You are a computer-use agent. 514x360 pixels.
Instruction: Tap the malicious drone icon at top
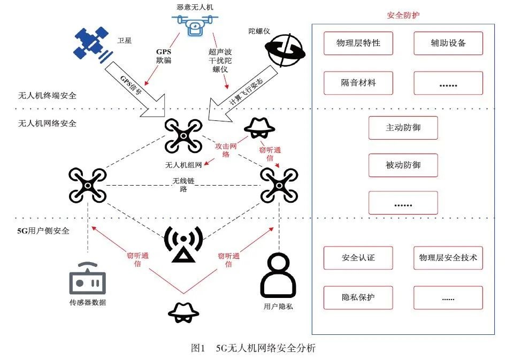(195, 25)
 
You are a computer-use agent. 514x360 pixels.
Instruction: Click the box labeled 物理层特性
(358, 43)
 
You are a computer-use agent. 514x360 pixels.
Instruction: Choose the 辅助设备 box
(448, 43)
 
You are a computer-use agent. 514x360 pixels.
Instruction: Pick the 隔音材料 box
(358, 83)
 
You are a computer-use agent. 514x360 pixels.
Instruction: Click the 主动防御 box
(403, 128)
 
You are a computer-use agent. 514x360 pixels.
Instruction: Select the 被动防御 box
(403, 165)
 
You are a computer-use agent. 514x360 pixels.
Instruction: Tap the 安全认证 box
(358, 258)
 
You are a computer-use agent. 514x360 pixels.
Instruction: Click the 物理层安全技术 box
(448, 258)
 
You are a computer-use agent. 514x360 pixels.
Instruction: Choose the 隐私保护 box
(358, 298)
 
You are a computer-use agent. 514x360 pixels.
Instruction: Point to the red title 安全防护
(403, 15)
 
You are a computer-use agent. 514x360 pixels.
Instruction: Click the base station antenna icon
(183, 244)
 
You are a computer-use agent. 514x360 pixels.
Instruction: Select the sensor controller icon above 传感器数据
(88, 278)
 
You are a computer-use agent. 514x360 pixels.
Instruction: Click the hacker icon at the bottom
(183, 313)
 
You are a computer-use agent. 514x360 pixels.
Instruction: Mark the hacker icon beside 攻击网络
(259, 129)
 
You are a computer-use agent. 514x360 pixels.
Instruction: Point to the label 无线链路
(183, 185)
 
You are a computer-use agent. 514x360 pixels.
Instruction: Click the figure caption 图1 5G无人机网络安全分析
(253, 348)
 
